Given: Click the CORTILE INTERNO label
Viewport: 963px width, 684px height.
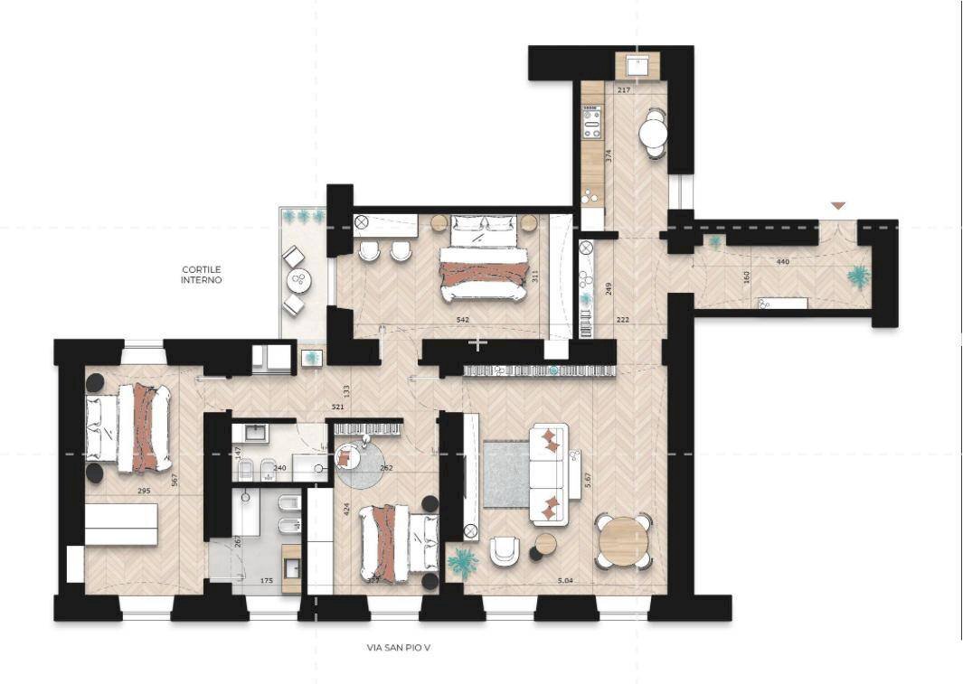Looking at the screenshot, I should tap(201, 275).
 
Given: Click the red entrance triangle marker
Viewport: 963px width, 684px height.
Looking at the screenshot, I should tap(838, 206).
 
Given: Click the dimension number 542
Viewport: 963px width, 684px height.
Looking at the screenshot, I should tap(462, 319).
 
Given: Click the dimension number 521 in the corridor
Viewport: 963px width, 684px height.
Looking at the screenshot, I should tap(337, 408).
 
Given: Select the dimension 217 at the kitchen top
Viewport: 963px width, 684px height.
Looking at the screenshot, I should tap(624, 90).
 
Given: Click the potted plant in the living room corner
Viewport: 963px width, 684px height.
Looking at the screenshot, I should tap(463, 563).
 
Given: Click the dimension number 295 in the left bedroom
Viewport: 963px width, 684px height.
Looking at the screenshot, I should tap(143, 491).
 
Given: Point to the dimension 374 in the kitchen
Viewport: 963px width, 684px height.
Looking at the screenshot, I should tap(609, 155).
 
